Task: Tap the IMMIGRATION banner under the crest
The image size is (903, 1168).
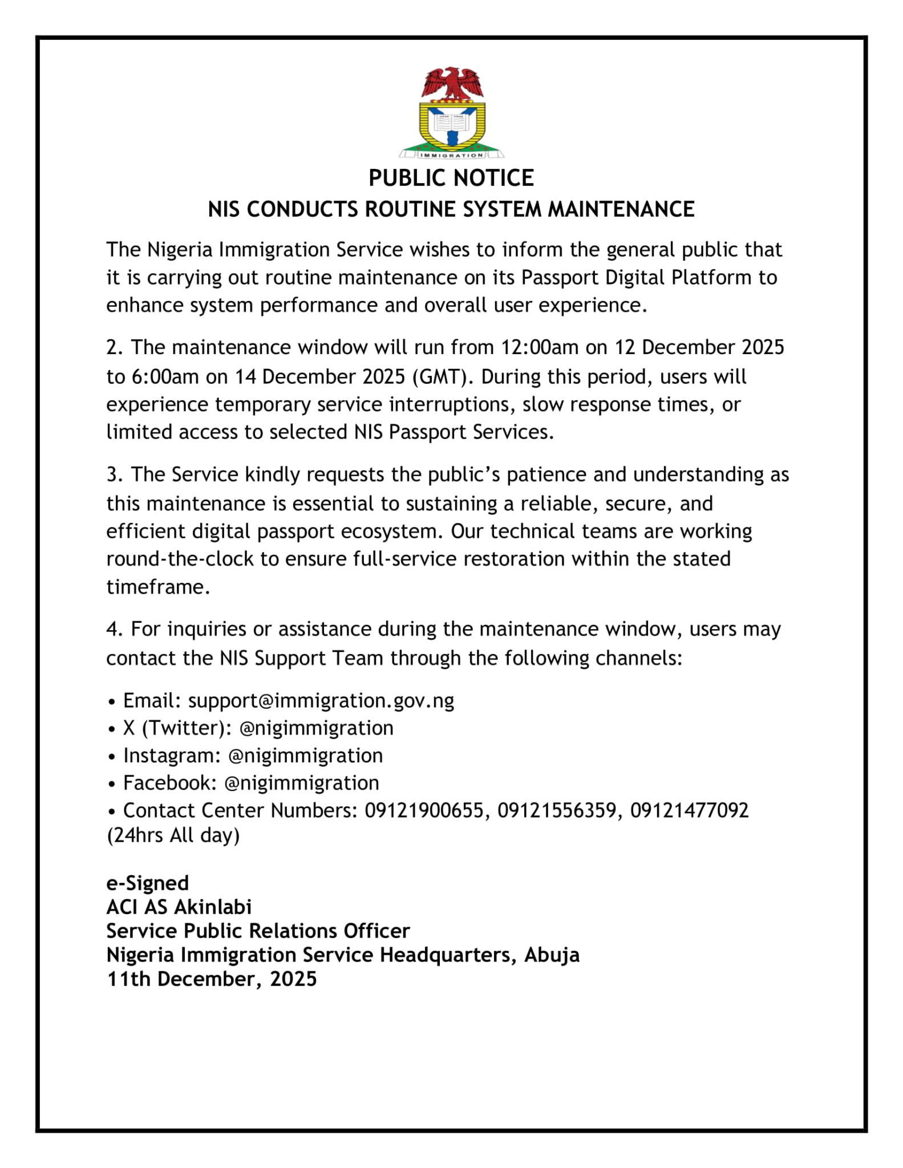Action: [451, 155]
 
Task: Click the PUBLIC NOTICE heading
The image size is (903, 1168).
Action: [451, 178]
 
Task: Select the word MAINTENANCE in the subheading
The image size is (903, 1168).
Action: [621, 209]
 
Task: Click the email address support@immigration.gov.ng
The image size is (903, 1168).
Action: [321, 700]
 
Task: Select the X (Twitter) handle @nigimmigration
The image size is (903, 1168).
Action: [316, 728]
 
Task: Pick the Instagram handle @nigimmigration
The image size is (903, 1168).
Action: [305, 756]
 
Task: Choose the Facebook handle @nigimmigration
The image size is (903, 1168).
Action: [302, 783]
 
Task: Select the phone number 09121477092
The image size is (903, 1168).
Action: [689, 810]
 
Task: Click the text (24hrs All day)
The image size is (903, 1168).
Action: [173, 836]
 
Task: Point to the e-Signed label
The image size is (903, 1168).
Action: [147, 883]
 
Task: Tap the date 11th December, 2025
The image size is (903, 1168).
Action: [212, 979]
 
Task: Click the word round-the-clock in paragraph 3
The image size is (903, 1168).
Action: [180, 559]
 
